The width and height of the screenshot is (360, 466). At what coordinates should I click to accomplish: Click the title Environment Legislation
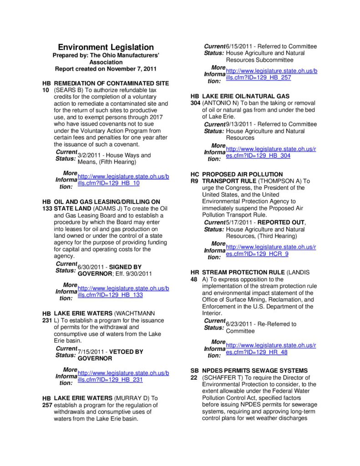pyautogui.click(x=106, y=47)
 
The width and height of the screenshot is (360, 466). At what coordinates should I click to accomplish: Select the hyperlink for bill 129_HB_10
pyautogui.click(x=123, y=180)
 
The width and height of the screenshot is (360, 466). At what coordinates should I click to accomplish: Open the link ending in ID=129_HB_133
pyautogui.click(x=123, y=292)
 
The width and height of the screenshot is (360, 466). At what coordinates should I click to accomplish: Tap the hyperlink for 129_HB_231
pyautogui.click(x=123, y=376)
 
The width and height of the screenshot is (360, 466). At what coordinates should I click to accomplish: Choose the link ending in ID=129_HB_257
pyautogui.click(x=272, y=74)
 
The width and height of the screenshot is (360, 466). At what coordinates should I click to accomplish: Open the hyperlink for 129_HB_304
pyautogui.click(x=271, y=152)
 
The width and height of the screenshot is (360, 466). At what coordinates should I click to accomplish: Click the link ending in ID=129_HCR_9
pyautogui.click(x=271, y=250)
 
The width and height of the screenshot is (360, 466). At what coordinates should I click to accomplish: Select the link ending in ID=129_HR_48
pyautogui.click(x=271, y=349)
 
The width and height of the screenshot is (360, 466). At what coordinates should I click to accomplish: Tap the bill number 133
pyautogui.click(x=47, y=208)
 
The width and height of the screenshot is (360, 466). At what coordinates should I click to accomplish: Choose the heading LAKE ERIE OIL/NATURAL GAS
pyautogui.click(x=246, y=96)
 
